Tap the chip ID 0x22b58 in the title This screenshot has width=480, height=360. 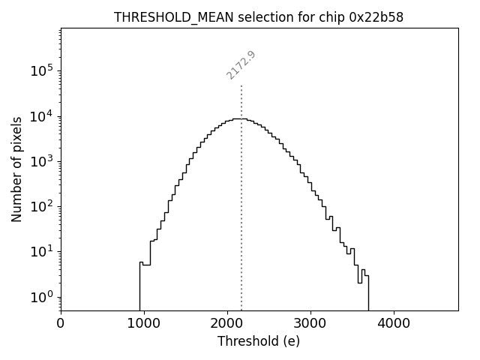[x=376, y=17]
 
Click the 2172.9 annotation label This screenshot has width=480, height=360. [x=241, y=65]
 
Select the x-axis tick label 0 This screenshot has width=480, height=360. [x=61, y=324]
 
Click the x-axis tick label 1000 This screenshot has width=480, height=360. [x=144, y=324]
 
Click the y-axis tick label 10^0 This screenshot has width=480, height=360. [x=43, y=297]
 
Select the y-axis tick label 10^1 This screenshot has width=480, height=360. [x=43, y=251]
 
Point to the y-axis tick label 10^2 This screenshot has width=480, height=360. [x=43, y=206]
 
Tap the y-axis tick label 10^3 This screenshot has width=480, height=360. [x=43, y=161]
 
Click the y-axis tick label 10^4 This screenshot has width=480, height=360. [x=43, y=116]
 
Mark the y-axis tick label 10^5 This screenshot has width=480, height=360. [x=43, y=71]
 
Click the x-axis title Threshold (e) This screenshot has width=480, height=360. [x=259, y=341]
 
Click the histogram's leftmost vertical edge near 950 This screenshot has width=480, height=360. [x=139, y=289]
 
